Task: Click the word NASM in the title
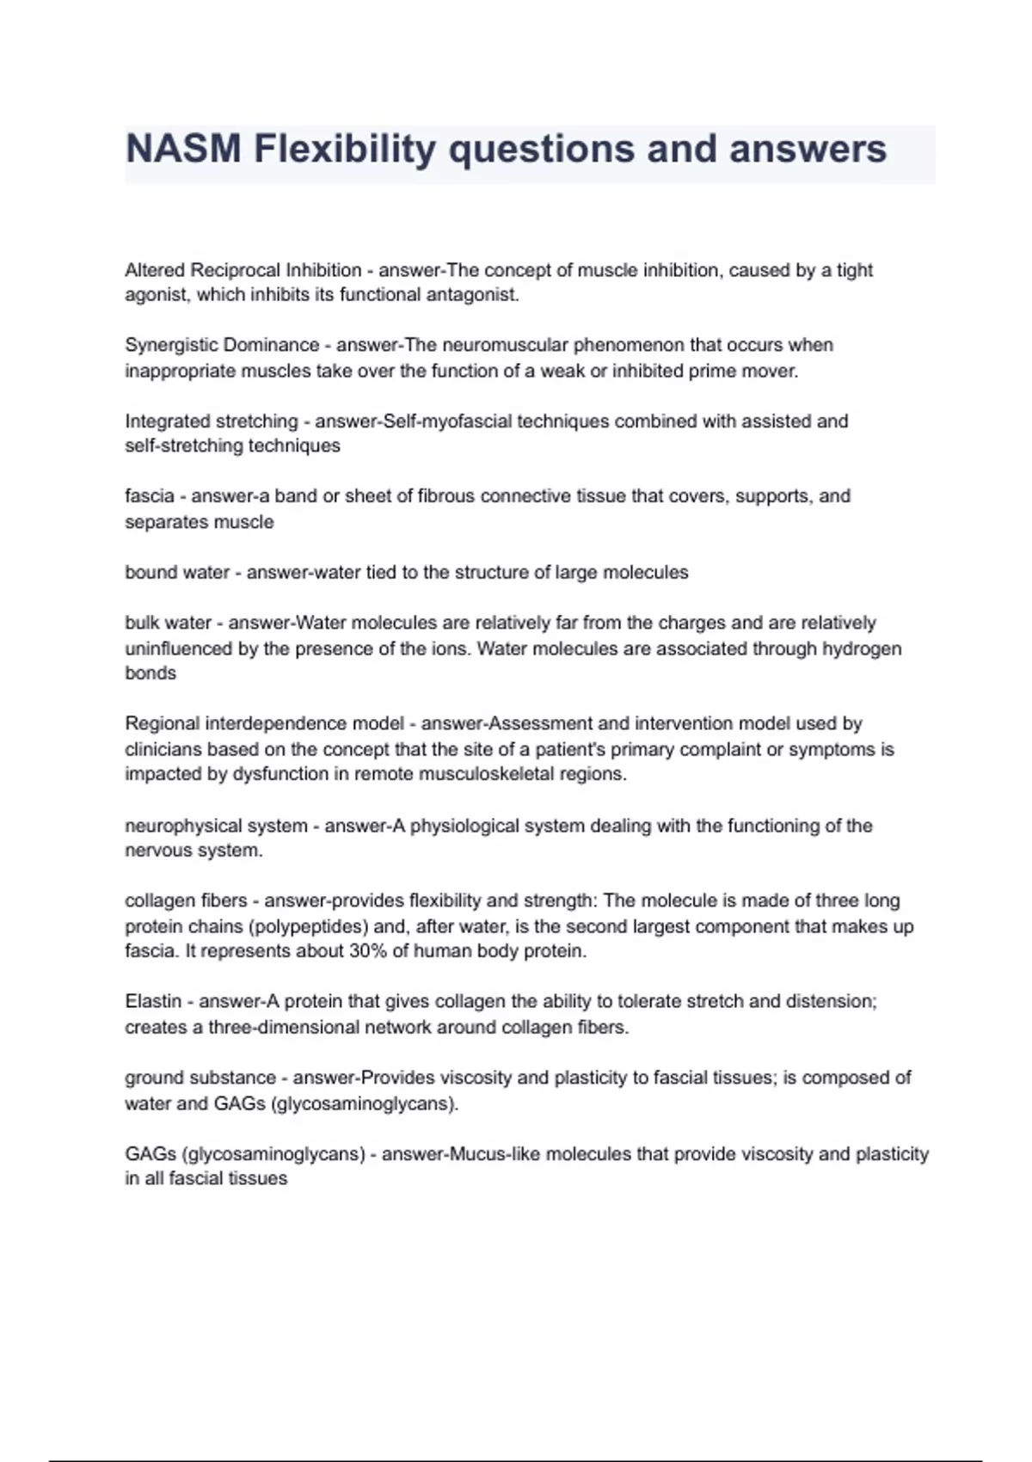[x=183, y=149]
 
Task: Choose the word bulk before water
[x=142, y=623]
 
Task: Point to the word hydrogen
[x=862, y=648]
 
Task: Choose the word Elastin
[x=153, y=1001]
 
